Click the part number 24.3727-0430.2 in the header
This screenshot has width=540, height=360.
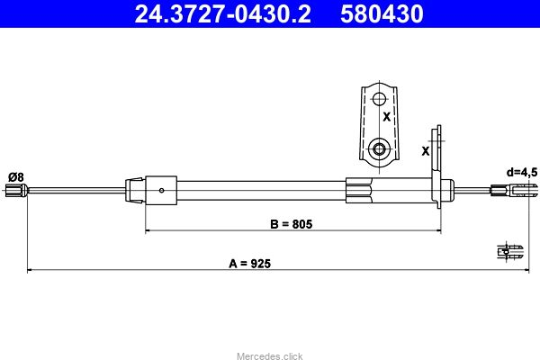tap(222, 14)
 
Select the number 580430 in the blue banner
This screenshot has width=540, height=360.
tap(382, 14)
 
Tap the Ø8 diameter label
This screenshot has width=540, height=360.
tap(16, 177)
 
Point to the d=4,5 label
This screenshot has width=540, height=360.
tap(522, 172)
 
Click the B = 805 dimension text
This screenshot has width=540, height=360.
tap(292, 224)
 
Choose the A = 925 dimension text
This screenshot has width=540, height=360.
tap(249, 264)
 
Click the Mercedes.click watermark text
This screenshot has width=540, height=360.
tap(270, 355)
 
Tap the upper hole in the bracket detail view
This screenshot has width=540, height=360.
tap(379, 99)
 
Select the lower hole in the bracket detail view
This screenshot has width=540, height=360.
tap(379, 149)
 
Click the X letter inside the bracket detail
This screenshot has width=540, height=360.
tap(387, 117)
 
